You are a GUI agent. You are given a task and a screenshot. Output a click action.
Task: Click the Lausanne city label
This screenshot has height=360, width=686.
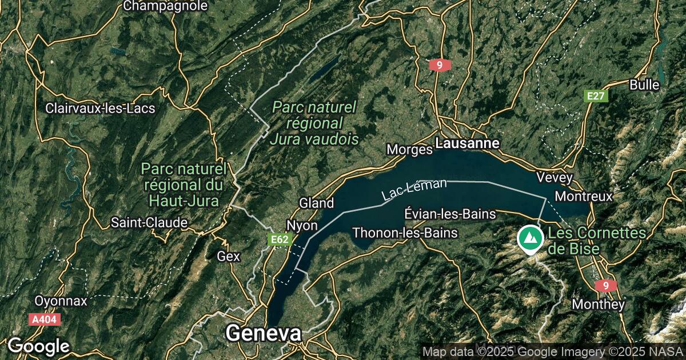(x=467, y=143)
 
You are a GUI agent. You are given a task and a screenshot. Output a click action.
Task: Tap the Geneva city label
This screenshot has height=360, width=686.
(x=263, y=333)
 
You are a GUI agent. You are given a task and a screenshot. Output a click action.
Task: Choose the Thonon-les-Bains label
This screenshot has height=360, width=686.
(x=405, y=233)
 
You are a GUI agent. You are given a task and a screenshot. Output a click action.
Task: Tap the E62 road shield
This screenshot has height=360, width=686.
(x=280, y=240)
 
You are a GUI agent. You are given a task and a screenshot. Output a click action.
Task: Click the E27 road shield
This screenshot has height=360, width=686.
(x=596, y=96)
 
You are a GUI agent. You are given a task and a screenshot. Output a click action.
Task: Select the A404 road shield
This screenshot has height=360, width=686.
(x=44, y=319)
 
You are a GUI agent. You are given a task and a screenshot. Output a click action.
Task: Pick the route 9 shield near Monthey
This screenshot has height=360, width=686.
(x=605, y=285)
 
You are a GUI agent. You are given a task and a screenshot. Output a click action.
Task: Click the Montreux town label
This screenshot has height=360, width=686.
(x=584, y=196)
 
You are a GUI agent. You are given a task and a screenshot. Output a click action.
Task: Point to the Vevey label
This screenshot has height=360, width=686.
(x=555, y=178)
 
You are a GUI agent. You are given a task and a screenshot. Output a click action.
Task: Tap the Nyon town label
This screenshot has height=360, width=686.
(x=302, y=225)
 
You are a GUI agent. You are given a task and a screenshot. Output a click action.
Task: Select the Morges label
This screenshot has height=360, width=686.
(x=409, y=150)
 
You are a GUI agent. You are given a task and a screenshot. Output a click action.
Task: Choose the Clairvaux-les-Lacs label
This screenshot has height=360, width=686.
(x=100, y=108)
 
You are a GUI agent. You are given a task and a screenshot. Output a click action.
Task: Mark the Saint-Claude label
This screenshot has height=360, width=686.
(x=149, y=222)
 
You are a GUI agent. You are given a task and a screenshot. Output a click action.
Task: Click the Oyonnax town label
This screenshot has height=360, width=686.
(x=61, y=301)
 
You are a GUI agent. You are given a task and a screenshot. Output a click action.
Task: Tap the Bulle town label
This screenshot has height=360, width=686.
(x=644, y=85)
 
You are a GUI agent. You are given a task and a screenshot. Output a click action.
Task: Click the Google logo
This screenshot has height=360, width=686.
(x=38, y=346)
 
